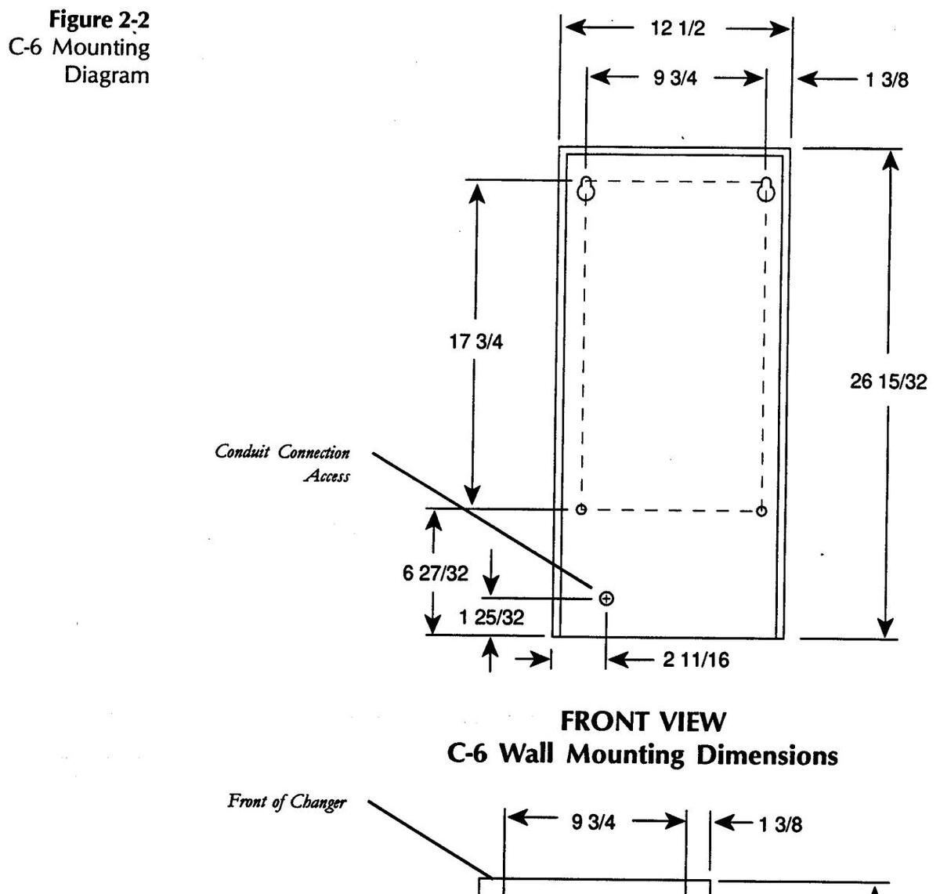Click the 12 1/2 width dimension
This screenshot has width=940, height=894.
678,30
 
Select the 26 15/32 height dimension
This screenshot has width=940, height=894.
888,382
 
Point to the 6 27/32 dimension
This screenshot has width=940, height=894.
436,574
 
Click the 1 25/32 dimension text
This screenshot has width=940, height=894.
491,617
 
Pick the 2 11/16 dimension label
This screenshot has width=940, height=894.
696,661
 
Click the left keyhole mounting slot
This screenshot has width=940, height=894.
586,188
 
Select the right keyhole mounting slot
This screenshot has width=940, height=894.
767,189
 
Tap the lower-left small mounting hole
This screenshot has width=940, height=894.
580,510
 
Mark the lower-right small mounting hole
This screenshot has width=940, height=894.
761,511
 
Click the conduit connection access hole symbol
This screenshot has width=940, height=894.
606,599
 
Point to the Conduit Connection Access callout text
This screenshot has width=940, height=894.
283,464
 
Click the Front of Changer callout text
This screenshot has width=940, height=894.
287,802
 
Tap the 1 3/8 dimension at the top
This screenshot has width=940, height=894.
887,80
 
